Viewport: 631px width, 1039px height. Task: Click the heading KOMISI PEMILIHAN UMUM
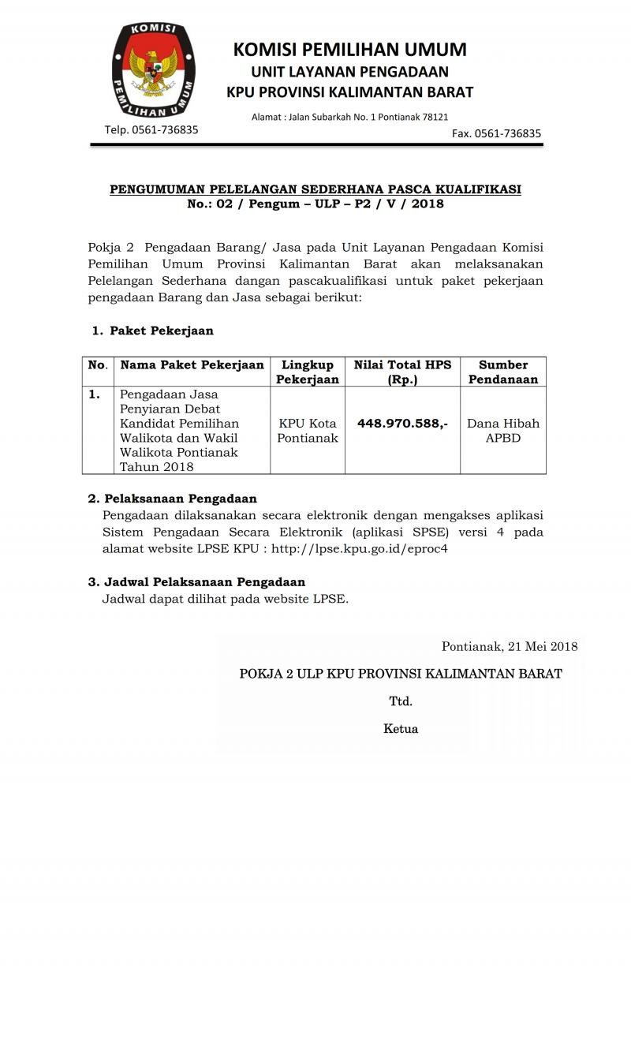click(349, 50)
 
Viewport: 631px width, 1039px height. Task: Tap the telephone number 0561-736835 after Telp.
click(165, 129)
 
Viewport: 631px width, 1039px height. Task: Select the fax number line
click(496, 133)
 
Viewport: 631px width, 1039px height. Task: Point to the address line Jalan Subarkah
click(349, 117)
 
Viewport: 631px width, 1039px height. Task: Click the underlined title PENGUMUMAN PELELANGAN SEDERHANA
click(315, 189)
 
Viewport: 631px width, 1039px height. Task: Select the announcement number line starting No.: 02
click(315, 204)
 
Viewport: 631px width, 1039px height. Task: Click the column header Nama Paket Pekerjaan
click(192, 364)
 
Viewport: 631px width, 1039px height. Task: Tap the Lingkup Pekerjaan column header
click(307, 372)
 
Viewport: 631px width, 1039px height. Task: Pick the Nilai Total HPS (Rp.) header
click(402, 372)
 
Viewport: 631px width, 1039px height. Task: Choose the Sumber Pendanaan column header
click(502, 372)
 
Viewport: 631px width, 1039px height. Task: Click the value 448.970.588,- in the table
click(402, 424)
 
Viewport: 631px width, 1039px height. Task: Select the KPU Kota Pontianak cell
click(307, 431)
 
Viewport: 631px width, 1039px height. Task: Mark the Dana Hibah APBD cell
click(502, 431)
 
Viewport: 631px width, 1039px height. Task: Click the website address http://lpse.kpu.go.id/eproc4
click(359, 548)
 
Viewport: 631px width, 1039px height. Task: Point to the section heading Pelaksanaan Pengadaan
click(181, 499)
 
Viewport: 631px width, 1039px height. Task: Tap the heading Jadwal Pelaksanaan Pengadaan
click(204, 581)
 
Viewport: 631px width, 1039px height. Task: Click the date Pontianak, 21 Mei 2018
click(510, 647)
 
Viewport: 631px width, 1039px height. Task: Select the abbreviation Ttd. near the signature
click(401, 701)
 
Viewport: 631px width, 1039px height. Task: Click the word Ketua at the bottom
click(401, 729)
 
